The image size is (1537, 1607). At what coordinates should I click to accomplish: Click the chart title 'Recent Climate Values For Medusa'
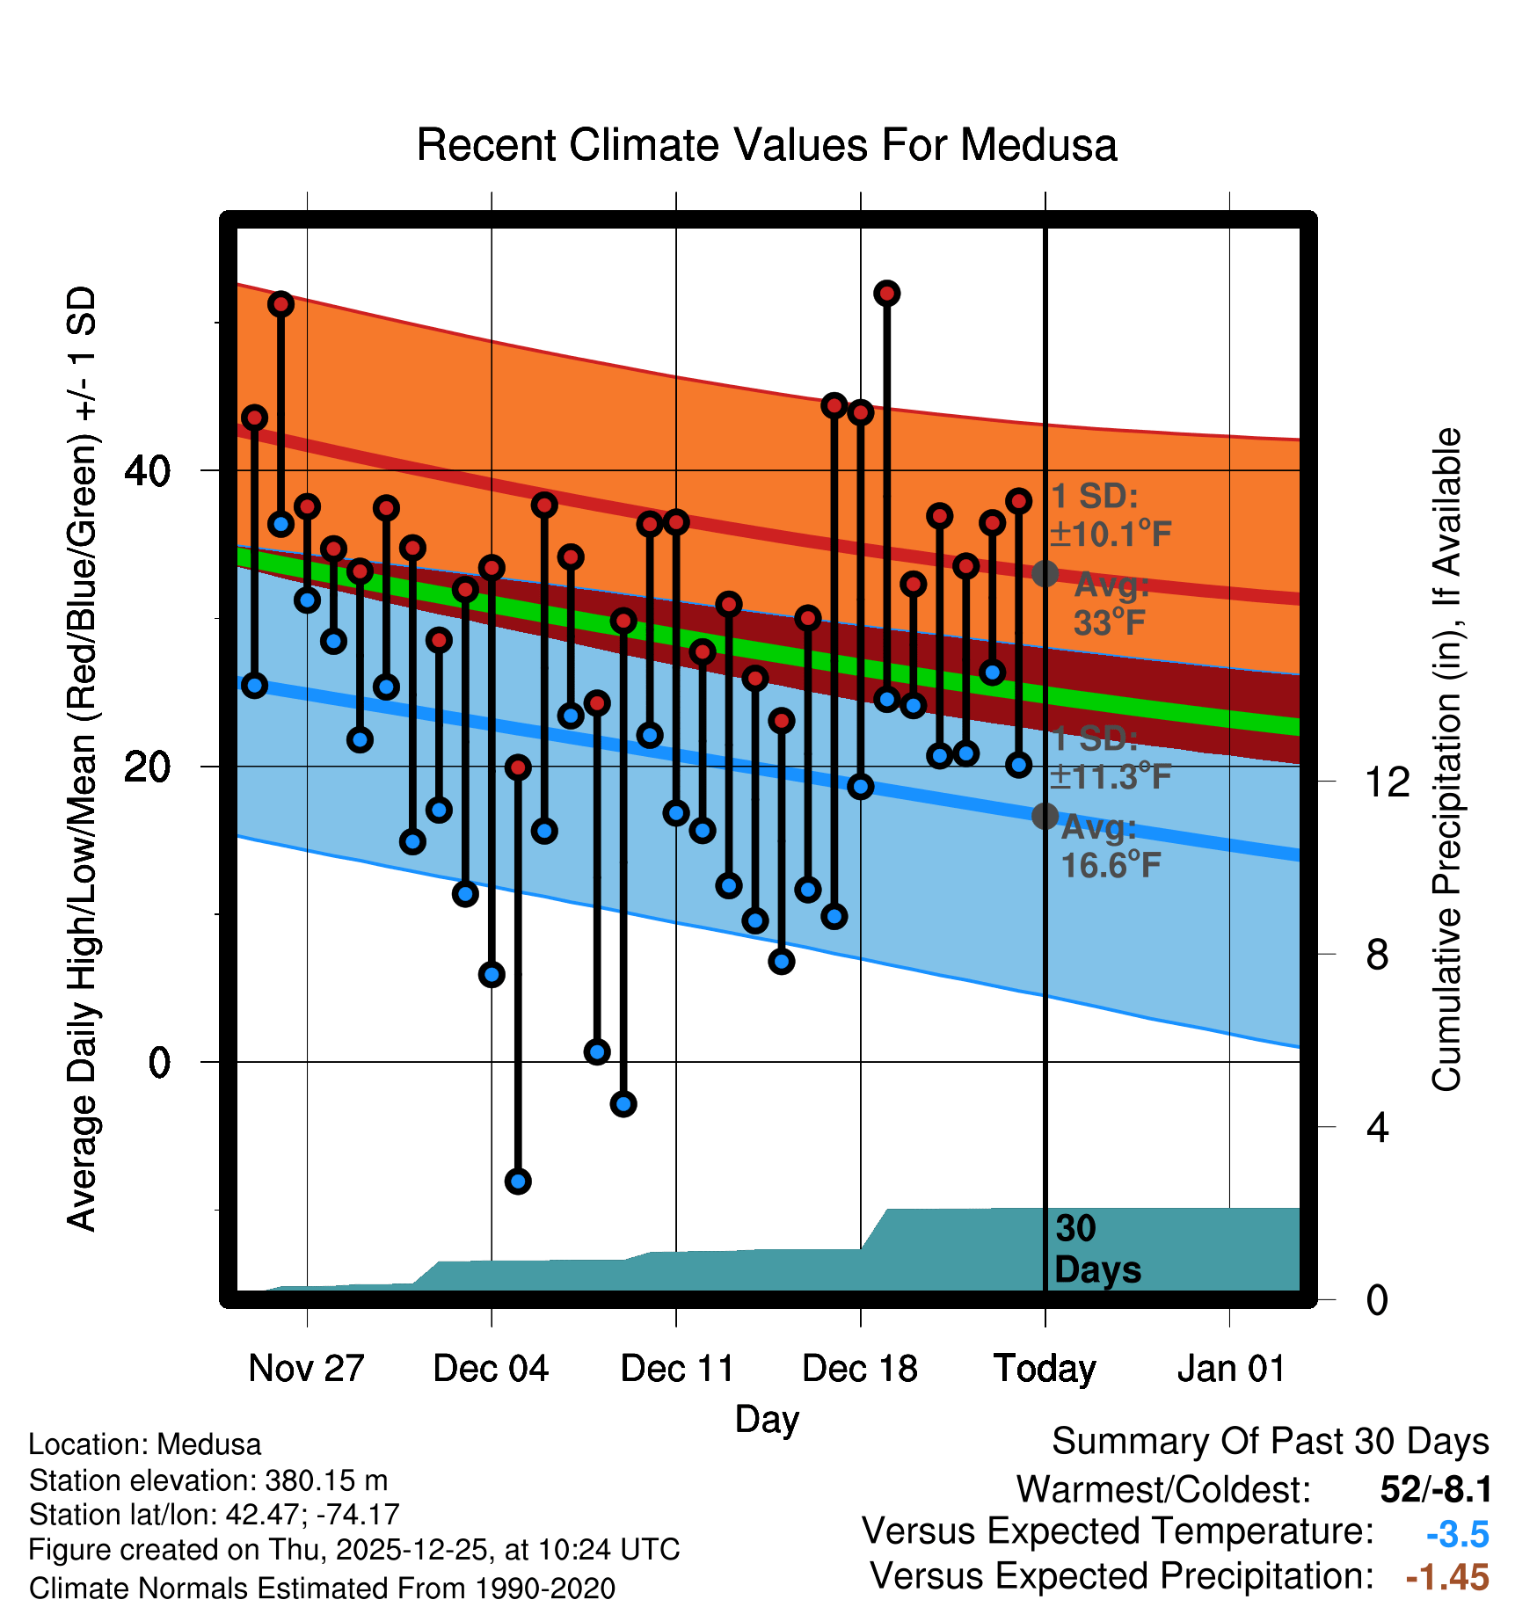click(767, 145)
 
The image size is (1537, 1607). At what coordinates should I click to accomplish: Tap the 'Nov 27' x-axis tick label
click(306, 1369)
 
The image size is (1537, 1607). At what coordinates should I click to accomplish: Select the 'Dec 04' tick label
click(491, 1369)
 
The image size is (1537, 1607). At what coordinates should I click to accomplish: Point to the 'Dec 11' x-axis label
click(677, 1369)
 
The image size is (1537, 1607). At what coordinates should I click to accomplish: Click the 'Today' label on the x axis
click(1045, 1369)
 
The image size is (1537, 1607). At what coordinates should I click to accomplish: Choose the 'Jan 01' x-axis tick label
click(1231, 1369)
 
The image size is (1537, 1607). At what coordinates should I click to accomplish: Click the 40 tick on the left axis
click(147, 471)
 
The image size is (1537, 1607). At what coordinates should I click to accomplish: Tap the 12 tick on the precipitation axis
click(1387, 782)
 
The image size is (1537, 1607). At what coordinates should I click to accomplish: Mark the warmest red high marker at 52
click(886, 293)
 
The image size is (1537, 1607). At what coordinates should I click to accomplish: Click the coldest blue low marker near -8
click(518, 1181)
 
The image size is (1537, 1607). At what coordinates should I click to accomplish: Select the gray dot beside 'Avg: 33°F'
click(1045, 574)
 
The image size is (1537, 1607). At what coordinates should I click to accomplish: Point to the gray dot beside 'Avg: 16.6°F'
click(1045, 816)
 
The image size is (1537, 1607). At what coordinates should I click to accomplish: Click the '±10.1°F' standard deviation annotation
click(1111, 534)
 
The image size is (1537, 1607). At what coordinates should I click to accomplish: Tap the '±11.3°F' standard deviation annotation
click(1111, 776)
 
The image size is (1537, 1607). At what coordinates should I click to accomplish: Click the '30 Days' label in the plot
click(1096, 1249)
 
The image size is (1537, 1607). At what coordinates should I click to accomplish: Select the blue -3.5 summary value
click(1457, 1534)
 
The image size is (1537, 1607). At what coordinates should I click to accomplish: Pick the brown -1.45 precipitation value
click(1447, 1577)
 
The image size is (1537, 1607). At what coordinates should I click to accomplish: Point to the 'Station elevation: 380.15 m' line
click(208, 1480)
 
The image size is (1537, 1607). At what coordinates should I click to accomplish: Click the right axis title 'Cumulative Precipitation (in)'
click(1446, 760)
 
